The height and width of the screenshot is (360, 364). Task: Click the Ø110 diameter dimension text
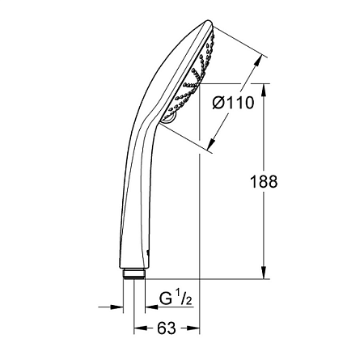[233, 104]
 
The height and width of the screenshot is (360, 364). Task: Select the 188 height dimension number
[264, 182]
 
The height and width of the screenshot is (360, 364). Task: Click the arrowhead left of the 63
[138, 329]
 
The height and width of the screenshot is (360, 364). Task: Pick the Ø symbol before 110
[217, 104]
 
